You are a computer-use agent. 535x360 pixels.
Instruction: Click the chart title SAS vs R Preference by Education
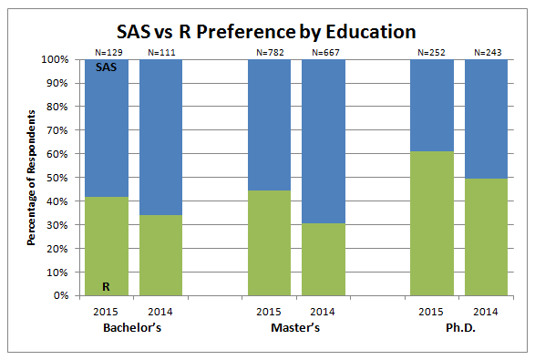[269, 31]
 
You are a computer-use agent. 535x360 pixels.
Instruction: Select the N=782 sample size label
[270, 53]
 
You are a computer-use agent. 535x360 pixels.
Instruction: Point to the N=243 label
[487, 53]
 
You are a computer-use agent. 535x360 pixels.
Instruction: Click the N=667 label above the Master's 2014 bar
[324, 53]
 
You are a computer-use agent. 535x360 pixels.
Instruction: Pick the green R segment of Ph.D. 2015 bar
[432, 223]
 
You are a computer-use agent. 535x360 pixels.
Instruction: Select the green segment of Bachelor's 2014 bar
[160, 255]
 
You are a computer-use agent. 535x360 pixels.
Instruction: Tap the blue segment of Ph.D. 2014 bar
[487, 118]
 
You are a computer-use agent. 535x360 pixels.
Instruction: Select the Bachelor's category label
[133, 327]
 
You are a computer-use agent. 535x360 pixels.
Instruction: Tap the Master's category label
[296, 327]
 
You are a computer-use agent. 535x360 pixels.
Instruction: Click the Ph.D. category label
[459, 327]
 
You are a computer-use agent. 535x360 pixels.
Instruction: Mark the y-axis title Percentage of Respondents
[31, 178]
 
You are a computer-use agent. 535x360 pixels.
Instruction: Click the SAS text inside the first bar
[107, 68]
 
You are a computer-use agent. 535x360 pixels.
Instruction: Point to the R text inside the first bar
[107, 286]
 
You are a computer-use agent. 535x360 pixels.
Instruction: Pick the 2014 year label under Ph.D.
[487, 311]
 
